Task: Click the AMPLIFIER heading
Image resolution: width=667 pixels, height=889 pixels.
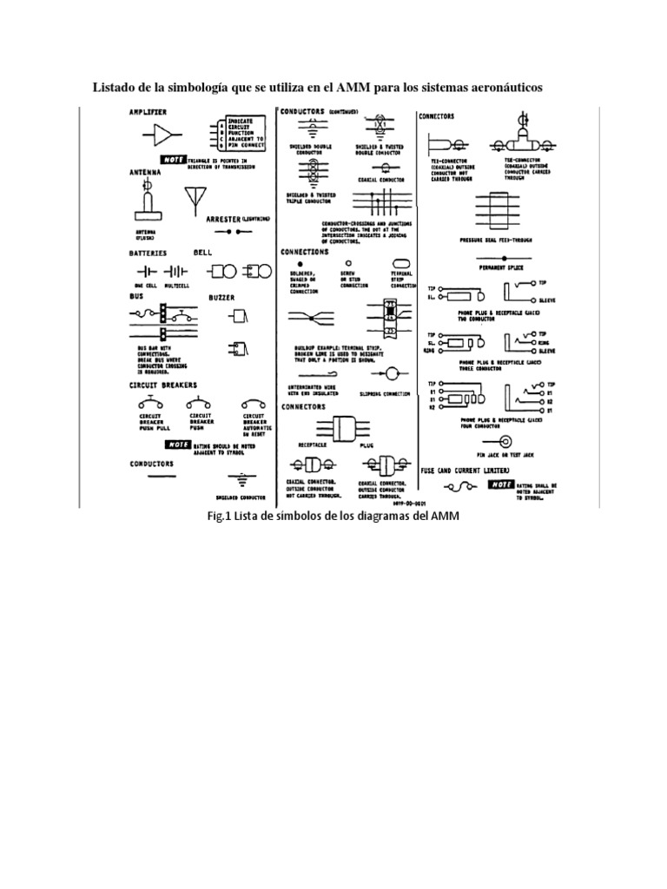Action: (148, 112)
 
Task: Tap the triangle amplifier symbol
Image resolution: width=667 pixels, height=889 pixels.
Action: (162, 134)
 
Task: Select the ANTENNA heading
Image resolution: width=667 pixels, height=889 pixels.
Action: (145, 172)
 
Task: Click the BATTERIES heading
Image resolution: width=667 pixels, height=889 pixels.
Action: (149, 253)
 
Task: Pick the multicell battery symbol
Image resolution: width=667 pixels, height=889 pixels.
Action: (178, 271)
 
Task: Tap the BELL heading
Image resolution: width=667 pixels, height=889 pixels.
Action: (202, 252)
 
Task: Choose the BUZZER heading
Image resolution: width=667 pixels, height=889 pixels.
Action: (222, 297)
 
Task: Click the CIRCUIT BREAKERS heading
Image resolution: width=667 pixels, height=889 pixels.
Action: (163, 384)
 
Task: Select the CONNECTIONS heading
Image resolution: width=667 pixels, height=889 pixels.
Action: (305, 251)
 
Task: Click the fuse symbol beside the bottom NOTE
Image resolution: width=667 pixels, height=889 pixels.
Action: (454, 488)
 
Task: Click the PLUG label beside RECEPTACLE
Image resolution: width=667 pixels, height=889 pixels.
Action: (366, 442)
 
